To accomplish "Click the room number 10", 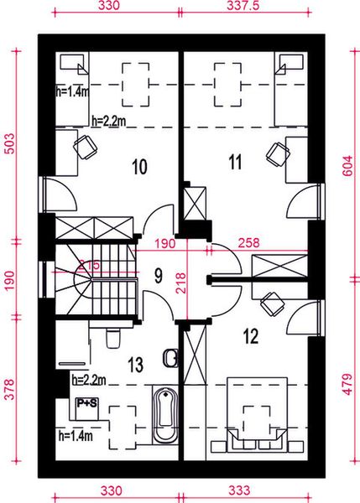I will [x=139, y=166].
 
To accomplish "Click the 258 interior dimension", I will [x=248, y=243].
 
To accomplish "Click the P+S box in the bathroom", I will [x=86, y=403].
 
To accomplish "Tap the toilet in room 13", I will [x=113, y=339].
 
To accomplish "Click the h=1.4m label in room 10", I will [x=70, y=92].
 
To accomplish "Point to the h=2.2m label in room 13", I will [x=89, y=380].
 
